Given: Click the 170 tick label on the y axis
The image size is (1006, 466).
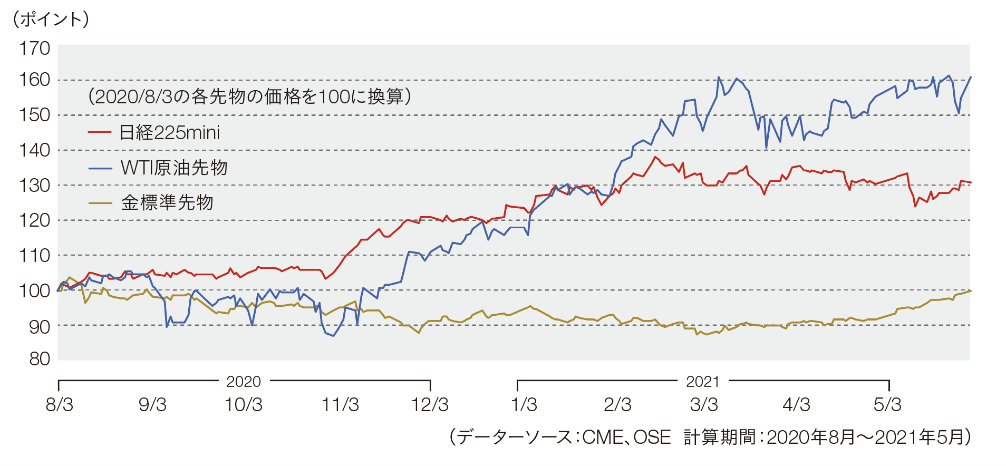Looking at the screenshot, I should (35, 48).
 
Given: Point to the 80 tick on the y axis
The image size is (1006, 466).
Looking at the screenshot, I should (40, 359).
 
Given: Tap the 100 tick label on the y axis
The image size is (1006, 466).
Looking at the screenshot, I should (35, 290).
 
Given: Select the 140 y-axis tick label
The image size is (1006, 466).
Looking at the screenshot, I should (35, 150).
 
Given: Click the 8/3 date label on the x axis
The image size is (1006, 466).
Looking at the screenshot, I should (59, 405).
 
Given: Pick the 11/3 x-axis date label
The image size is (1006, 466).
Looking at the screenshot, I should (340, 405).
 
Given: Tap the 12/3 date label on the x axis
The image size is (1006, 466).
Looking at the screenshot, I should (430, 405).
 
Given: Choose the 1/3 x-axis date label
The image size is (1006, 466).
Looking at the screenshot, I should (524, 405).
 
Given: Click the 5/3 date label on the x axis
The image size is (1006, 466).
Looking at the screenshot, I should (887, 405).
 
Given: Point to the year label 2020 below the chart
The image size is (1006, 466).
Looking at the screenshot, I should (244, 382).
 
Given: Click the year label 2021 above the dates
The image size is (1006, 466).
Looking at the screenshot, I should (703, 382).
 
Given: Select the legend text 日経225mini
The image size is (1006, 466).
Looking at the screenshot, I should (169, 133).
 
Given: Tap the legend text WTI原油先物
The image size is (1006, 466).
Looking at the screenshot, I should (174, 168).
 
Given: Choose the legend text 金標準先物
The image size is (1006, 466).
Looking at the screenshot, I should (167, 203).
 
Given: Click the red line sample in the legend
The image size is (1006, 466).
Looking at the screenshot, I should (100, 132).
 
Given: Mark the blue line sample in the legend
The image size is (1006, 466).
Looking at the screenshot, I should (100, 168).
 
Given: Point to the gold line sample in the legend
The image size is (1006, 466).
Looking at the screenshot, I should (100, 203).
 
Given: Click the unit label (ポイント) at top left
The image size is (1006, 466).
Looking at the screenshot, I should (51, 20).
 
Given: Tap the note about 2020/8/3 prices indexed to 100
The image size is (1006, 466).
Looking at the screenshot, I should (250, 96).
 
